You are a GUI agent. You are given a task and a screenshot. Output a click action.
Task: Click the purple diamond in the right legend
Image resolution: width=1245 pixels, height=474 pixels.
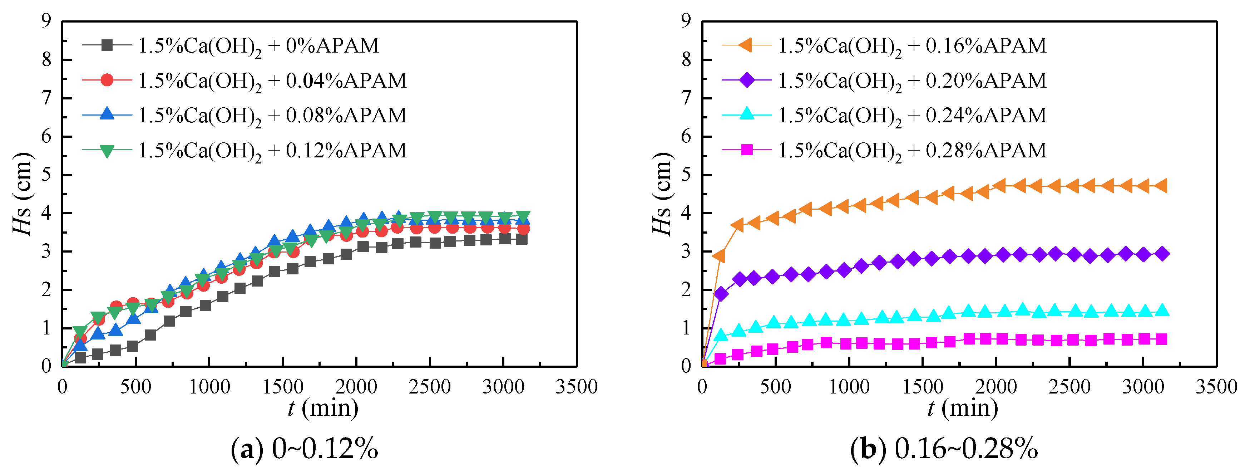pyautogui.click(x=747, y=80)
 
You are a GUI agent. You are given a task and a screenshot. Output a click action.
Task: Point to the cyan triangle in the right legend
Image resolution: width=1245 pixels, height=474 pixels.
pyautogui.click(x=747, y=114)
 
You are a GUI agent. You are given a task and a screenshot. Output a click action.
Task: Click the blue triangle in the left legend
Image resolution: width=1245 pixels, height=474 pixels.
pyautogui.click(x=107, y=114)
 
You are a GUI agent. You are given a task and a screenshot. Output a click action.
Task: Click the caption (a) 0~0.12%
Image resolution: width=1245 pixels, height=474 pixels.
pyautogui.click(x=305, y=449)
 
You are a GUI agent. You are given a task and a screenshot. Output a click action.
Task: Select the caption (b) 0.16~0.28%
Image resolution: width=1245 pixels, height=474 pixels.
pyautogui.click(x=944, y=449)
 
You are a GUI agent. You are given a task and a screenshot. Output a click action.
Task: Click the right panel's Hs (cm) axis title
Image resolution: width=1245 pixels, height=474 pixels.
pyautogui.click(x=662, y=194)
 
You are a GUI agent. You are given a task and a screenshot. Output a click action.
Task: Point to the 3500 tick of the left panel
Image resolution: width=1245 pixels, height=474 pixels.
pyautogui.click(x=576, y=387)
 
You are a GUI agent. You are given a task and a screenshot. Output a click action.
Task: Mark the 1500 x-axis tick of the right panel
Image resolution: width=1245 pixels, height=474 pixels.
pyautogui.click(x=923, y=387)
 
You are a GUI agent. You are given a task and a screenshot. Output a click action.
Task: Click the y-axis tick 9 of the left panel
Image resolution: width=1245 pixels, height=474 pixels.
pyautogui.click(x=46, y=21)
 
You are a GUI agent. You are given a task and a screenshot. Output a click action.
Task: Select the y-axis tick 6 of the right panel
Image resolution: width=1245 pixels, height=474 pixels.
pyautogui.click(x=686, y=136)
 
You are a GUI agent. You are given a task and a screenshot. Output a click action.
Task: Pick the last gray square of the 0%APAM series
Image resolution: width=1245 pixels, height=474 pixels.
pyautogui.click(x=522, y=239)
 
